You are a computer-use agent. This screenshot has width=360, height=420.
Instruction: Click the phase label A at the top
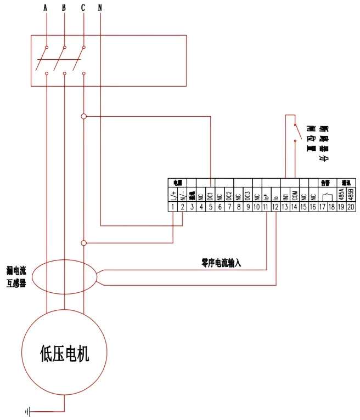[46, 8]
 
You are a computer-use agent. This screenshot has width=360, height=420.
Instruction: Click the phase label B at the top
[64, 8]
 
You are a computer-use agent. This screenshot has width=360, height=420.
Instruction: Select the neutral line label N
[100, 8]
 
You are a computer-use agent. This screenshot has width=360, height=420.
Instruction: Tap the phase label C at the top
[83, 8]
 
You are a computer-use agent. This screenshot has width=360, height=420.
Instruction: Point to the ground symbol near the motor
[27, 411]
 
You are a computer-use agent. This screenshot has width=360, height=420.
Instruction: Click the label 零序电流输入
[221, 263]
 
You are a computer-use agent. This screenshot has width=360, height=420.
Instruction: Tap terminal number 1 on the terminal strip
[173, 207]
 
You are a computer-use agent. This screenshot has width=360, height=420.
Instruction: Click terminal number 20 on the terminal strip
[351, 207]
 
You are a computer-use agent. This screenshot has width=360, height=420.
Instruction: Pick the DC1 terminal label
[211, 195]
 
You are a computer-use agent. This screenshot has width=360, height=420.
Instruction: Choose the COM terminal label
[295, 195]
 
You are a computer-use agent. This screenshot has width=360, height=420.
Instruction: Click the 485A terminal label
[341, 195]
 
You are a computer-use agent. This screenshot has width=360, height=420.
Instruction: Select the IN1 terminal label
[285, 195]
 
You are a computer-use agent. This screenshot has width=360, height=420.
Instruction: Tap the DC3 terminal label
[248, 195]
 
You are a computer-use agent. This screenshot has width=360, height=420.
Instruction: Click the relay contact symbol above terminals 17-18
[327, 195]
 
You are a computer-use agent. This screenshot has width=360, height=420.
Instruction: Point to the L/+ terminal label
[173, 195]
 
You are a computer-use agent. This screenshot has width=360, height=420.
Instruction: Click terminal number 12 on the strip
[276, 207]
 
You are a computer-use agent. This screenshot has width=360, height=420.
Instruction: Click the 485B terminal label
[351, 195]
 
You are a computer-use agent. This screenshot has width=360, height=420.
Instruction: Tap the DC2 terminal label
[229, 195]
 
